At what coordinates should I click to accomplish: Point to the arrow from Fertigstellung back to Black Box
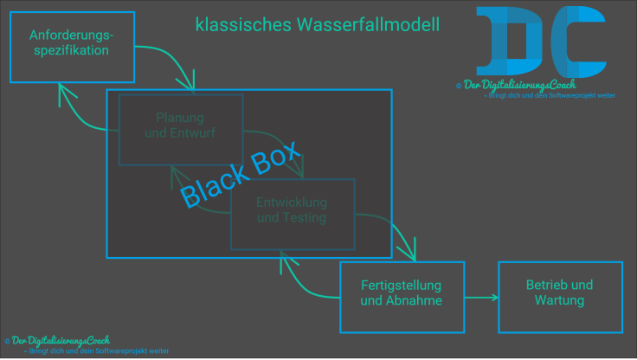pos(303,281)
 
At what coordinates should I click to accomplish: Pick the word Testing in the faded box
pos(305,218)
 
